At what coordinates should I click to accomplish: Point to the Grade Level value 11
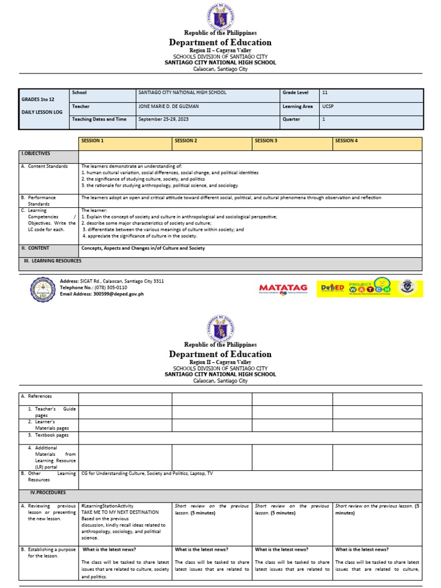[x=325, y=92]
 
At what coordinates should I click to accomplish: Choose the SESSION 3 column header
[x=266, y=141]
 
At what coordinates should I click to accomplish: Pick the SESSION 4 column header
[x=346, y=141]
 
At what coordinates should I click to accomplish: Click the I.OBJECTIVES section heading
[x=36, y=154]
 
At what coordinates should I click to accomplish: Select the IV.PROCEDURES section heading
[x=48, y=493]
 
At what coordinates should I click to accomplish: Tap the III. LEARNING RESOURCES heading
[x=53, y=261]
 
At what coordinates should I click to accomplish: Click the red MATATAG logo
[x=283, y=288]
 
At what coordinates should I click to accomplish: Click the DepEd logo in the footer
[x=332, y=288]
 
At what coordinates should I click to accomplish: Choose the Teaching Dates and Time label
[x=99, y=119]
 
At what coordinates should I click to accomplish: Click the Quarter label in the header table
[x=291, y=119]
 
